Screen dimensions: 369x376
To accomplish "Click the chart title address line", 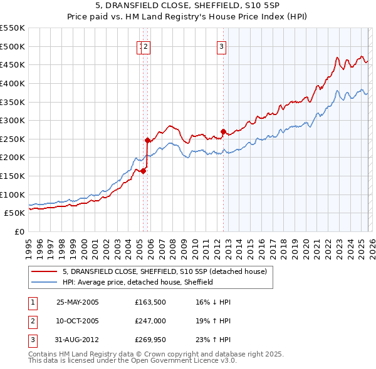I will [x=187, y=7].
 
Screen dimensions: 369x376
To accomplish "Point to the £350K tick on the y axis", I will [x=13, y=102].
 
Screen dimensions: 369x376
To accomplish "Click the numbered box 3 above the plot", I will [x=222, y=46].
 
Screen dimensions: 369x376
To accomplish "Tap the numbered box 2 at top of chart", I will [x=146, y=46].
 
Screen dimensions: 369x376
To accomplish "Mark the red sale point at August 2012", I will [x=223, y=131].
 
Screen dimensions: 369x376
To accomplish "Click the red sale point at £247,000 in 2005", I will [x=147, y=140].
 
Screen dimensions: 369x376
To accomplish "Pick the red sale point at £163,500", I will [x=144, y=171].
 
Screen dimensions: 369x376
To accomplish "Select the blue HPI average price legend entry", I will [x=138, y=282].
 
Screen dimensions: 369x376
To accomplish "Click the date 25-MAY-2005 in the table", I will [x=78, y=301].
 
